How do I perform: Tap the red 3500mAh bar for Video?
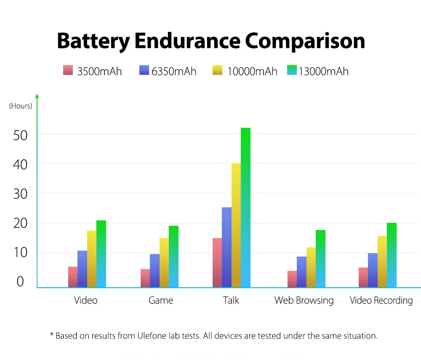[73, 277]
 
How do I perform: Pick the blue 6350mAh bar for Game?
[155, 270]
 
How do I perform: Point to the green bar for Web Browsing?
[320, 259]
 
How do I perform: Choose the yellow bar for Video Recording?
[382, 262]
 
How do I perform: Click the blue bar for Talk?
[226, 247]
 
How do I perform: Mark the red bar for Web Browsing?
[292, 279]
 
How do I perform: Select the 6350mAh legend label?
[174, 71]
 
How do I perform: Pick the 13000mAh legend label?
[323, 71]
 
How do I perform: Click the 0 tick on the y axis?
[20, 282]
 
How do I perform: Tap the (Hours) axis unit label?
[21, 106]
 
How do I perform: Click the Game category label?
[161, 300]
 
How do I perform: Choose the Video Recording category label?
[381, 300]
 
